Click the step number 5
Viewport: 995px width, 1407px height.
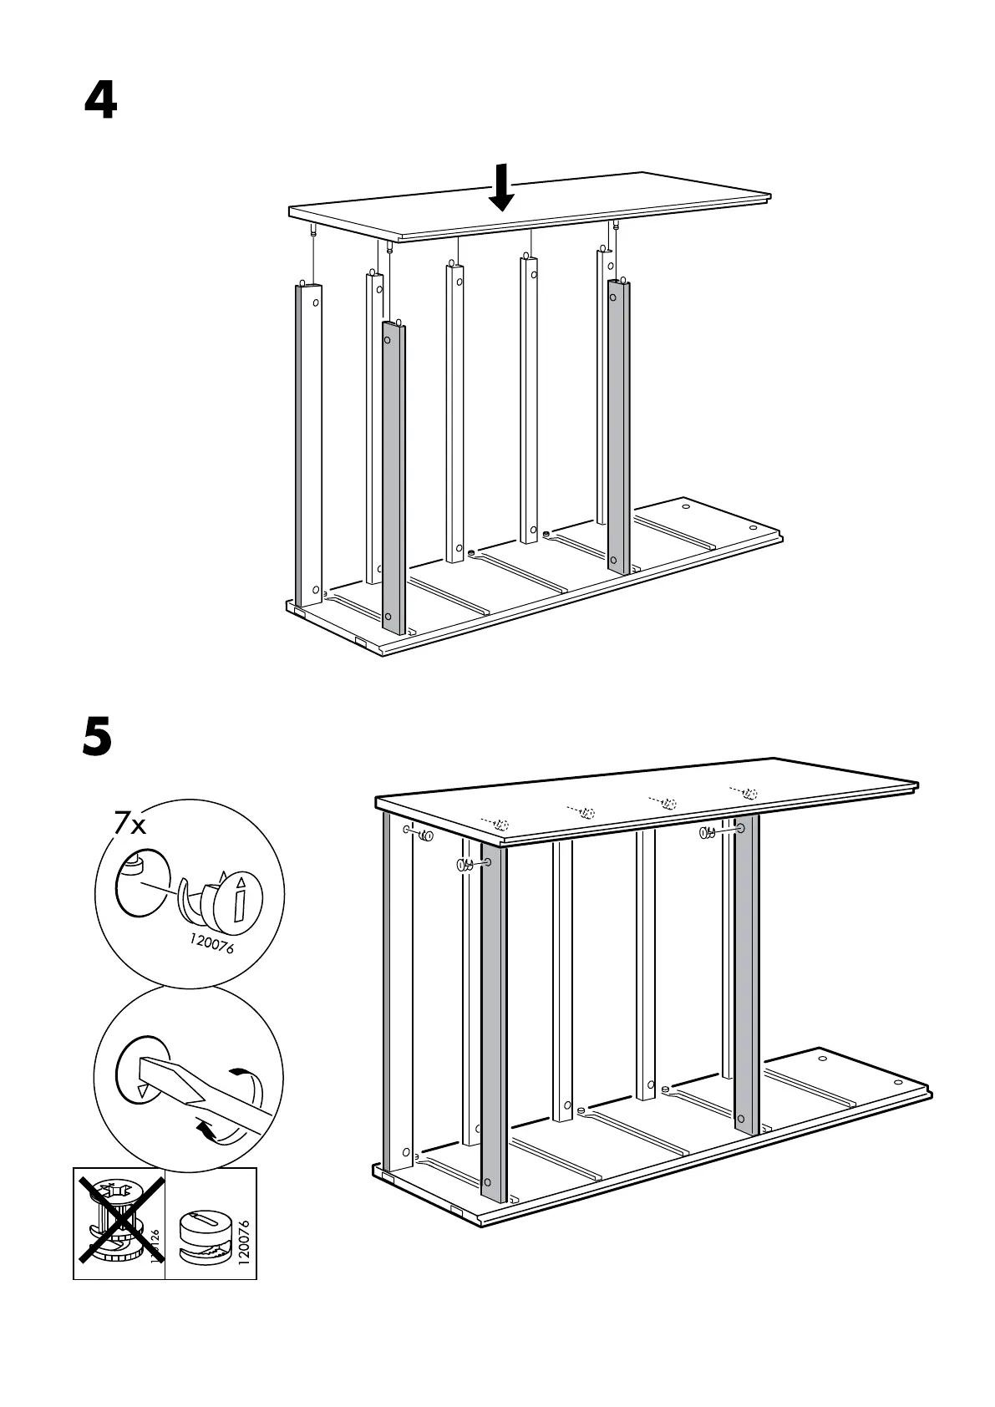pos(98,738)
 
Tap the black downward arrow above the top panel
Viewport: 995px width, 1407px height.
pos(501,188)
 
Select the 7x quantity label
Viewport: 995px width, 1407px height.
pos(130,825)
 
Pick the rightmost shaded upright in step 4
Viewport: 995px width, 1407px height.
pos(618,426)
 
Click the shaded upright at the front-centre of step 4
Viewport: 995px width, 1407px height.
pos(393,476)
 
